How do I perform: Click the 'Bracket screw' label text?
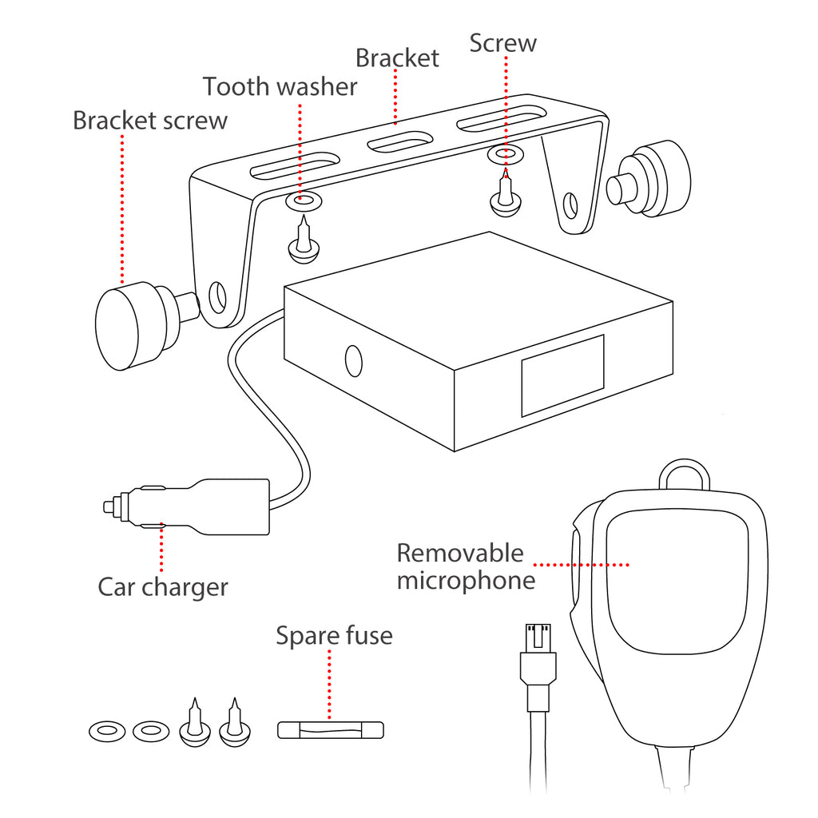coord(150,121)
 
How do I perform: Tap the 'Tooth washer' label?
coord(280,86)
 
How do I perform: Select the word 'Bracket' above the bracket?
coord(397,58)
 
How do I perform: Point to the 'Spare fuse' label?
coord(334,636)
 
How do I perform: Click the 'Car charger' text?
coord(163,587)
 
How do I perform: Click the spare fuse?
coord(331,730)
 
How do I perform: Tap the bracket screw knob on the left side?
coord(128,326)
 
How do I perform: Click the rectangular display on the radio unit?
coord(562,375)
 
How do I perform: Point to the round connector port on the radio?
coord(354,360)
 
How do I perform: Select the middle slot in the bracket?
coord(399,144)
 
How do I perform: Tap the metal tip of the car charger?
coord(110,506)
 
